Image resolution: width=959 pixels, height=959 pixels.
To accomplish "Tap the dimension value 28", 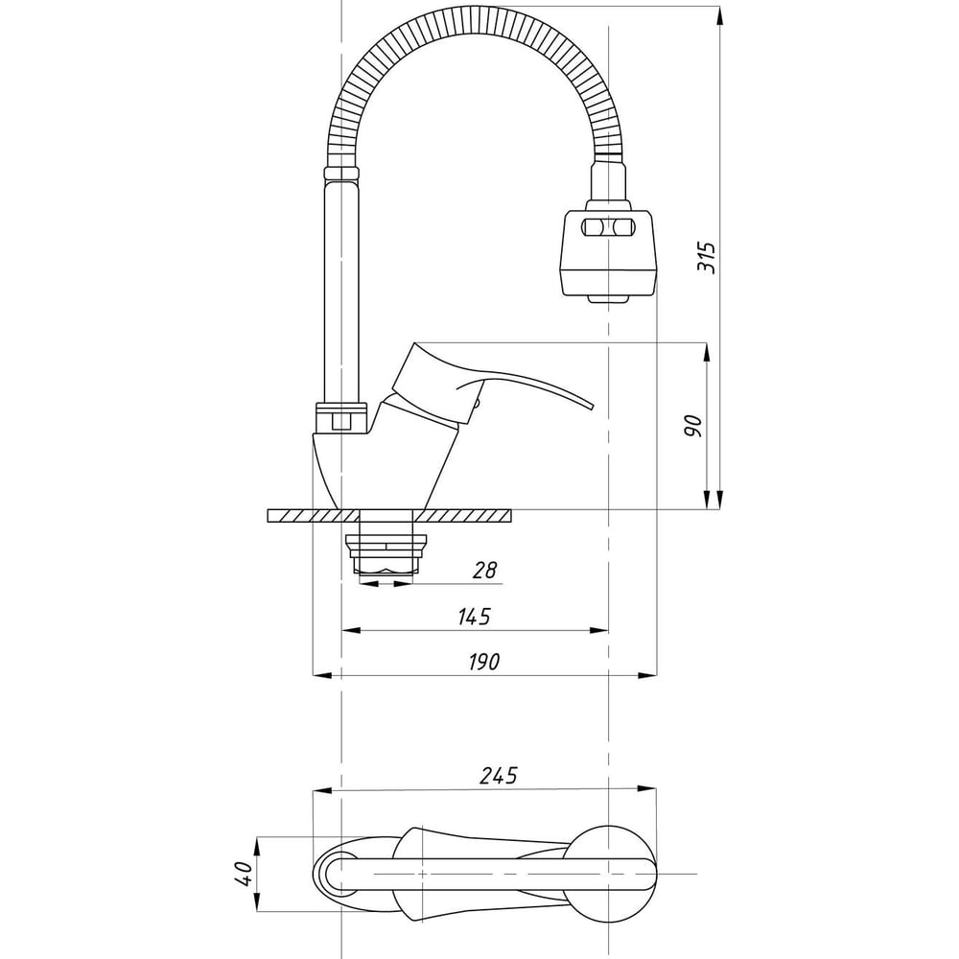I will click(x=485, y=571).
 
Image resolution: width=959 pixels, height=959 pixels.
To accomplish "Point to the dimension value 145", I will click(x=474, y=617).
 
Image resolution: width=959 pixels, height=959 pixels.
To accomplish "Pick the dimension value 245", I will click(x=498, y=776).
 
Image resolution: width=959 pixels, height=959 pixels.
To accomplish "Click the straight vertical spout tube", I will click(x=341, y=288).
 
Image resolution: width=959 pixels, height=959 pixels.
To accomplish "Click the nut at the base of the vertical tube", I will click(x=341, y=418).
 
